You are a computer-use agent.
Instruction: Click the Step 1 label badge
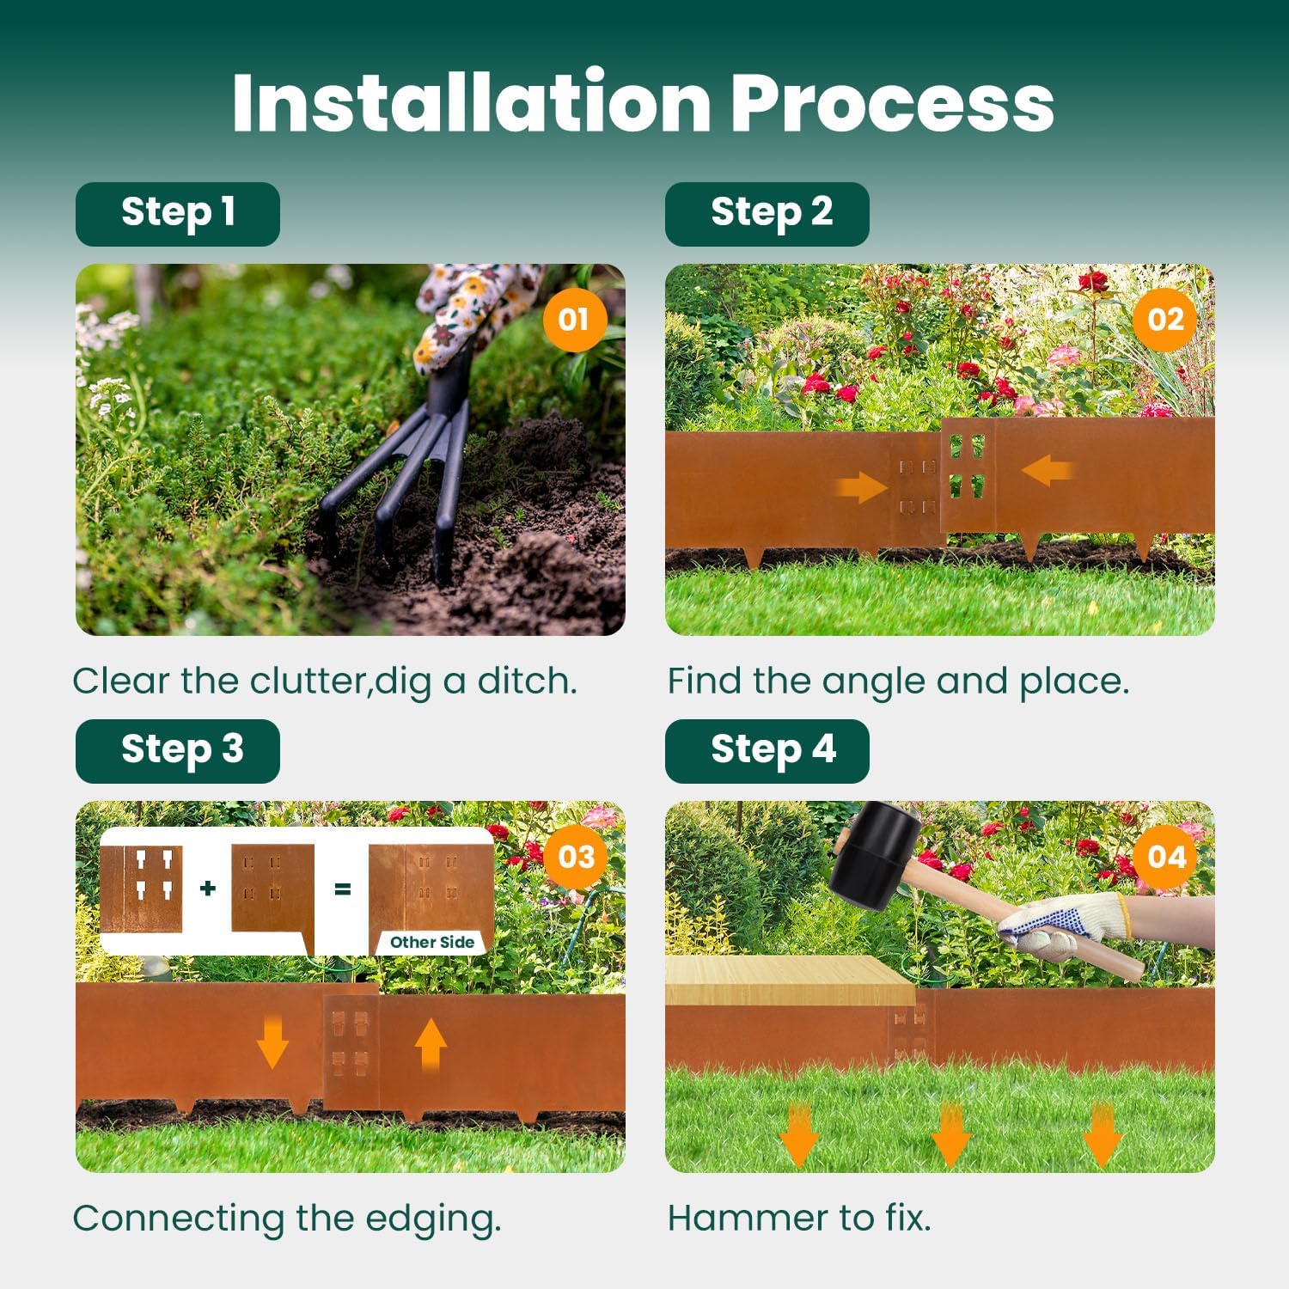178,214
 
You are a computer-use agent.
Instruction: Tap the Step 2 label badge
767,214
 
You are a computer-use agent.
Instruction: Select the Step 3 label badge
178,750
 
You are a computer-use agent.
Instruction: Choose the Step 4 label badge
767,750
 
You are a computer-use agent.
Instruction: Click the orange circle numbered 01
574,320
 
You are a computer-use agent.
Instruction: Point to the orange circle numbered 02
1164,320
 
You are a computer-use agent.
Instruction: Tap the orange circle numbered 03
576,857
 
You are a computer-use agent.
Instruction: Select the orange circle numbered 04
1165,857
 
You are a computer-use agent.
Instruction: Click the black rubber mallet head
875,856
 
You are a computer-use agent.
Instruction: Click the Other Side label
431,942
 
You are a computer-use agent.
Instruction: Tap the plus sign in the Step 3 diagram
207,888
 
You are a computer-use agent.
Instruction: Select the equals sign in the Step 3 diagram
342,889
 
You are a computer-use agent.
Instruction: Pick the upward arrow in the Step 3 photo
431,1043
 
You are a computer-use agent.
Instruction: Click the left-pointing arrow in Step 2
1046,471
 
